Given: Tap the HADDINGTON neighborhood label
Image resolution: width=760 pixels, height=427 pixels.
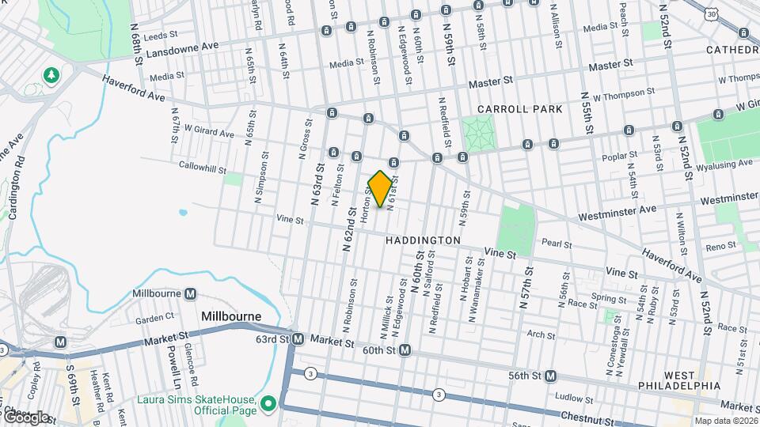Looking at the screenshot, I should (x=424, y=240).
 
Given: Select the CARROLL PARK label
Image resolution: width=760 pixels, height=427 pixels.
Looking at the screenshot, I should (x=519, y=109).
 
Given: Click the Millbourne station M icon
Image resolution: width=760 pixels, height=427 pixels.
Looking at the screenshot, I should (x=190, y=294).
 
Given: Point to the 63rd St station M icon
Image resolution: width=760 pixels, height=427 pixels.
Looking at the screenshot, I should (x=298, y=339).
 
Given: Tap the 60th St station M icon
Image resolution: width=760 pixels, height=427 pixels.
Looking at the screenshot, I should (x=405, y=350).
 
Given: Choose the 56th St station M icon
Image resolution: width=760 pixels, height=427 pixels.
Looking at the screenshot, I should (x=550, y=376).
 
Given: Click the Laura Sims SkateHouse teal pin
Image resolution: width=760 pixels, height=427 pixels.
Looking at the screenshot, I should (x=268, y=404).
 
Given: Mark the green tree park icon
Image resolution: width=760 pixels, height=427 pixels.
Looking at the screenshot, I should (x=52, y=75).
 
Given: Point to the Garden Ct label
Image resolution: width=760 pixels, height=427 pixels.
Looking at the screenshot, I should (x=154, y=319).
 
